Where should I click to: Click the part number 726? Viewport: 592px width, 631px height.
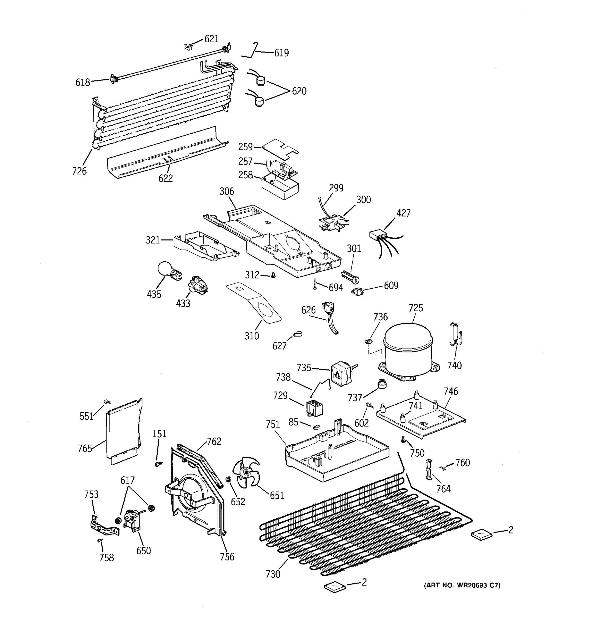pyautogui.click(x=79, y=171)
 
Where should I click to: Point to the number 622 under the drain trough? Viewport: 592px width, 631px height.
pyautogui.click(x=165, y=178)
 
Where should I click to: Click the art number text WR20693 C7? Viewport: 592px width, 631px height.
pyautogui.click(x=462, y=585)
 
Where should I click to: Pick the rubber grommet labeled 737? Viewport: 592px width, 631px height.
pyautogui.click(x=382, y=384)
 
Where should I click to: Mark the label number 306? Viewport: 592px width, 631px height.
pyautogui.click(x=227, y=191)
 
